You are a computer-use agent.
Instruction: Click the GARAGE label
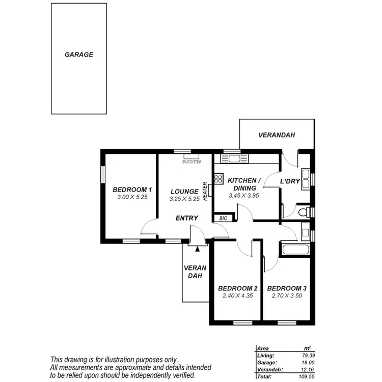pos(79,54)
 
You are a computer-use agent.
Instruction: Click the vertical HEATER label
pos(205,192)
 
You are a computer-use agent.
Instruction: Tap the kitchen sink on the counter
pos(235,158)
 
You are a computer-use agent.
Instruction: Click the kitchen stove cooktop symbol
pos(219,179)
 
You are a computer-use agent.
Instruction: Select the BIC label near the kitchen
pos(223,218)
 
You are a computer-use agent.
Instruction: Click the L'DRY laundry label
pos(290,181)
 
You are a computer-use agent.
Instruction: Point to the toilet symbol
pos(304,211)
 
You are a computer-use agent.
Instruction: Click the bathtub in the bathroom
pos(295,250)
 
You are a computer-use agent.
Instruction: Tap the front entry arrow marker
pos(197,247)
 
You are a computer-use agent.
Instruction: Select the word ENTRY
pos(186,218)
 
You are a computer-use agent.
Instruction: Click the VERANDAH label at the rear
pos(277,135)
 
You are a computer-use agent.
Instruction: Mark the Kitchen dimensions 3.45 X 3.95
pos(244,195)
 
